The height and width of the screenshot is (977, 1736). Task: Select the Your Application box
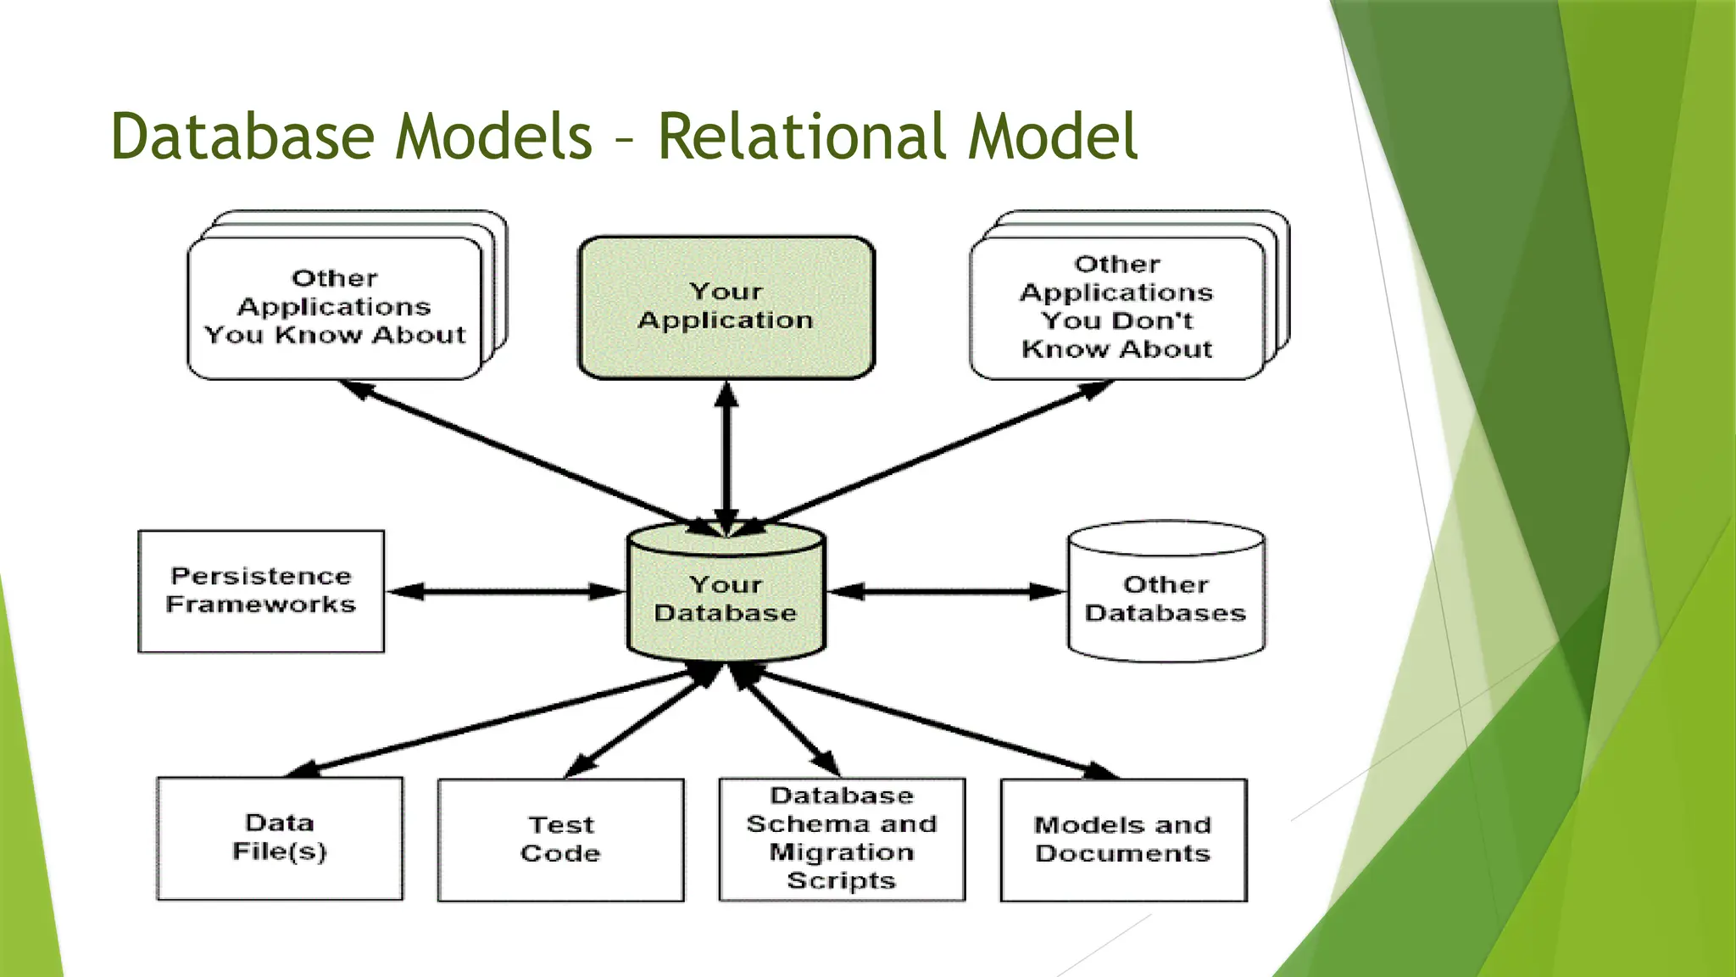coord(726,307)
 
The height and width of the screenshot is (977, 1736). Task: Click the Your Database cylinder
coord(726,598)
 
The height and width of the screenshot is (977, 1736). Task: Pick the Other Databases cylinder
coord(1166,598)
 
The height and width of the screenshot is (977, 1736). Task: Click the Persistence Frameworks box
coord(261,590)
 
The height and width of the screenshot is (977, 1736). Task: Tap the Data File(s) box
coord(280,838)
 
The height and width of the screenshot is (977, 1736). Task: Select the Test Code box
coord(560,840)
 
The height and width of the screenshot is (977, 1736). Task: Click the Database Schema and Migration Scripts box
coord(842,838)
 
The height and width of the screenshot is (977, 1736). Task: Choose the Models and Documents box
coord(1123,840)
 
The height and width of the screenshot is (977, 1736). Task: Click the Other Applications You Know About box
coord(335,307)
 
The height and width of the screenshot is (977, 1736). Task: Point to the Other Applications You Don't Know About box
coord(1117,307)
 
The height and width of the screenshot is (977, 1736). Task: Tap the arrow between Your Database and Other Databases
coord(945,591)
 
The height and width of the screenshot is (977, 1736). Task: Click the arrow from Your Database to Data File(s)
coord(492,721)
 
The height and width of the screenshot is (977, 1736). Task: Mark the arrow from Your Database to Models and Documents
coord(932,723)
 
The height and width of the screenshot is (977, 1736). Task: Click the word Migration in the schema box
coord(842,852)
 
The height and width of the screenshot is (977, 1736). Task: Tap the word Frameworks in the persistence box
coord(261,605)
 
